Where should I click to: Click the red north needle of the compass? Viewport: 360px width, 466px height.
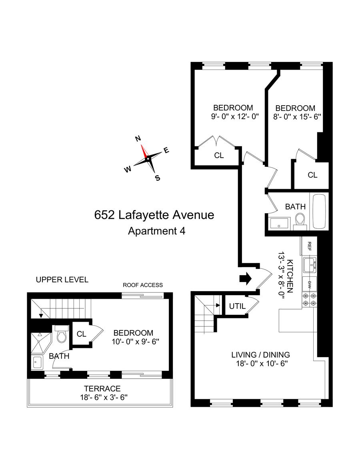[144, 151]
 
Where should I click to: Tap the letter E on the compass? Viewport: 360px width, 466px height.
[166, 151]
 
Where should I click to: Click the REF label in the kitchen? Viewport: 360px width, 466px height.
[309, 246]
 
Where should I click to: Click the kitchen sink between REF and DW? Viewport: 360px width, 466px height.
[309, 264]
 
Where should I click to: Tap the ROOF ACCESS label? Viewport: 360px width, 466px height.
[143, 285]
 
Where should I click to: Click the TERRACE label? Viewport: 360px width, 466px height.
[102, 388]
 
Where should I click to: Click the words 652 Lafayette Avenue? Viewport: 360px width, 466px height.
[154, 215]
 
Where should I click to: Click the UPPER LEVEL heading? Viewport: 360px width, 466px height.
[62, 280]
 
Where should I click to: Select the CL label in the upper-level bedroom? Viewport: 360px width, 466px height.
[82, 334]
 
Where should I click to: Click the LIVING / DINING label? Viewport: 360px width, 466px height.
[261, 354]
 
